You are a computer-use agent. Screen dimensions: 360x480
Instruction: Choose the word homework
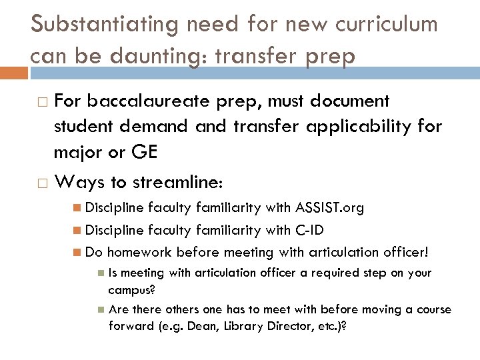pyautogui.click(x=137, y=253)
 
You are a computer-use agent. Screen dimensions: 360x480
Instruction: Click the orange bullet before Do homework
pyautogui.click(x=79, y=253)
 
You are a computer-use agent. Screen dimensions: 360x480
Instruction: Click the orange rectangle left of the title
pyautogui.click(x=13, y=71)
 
